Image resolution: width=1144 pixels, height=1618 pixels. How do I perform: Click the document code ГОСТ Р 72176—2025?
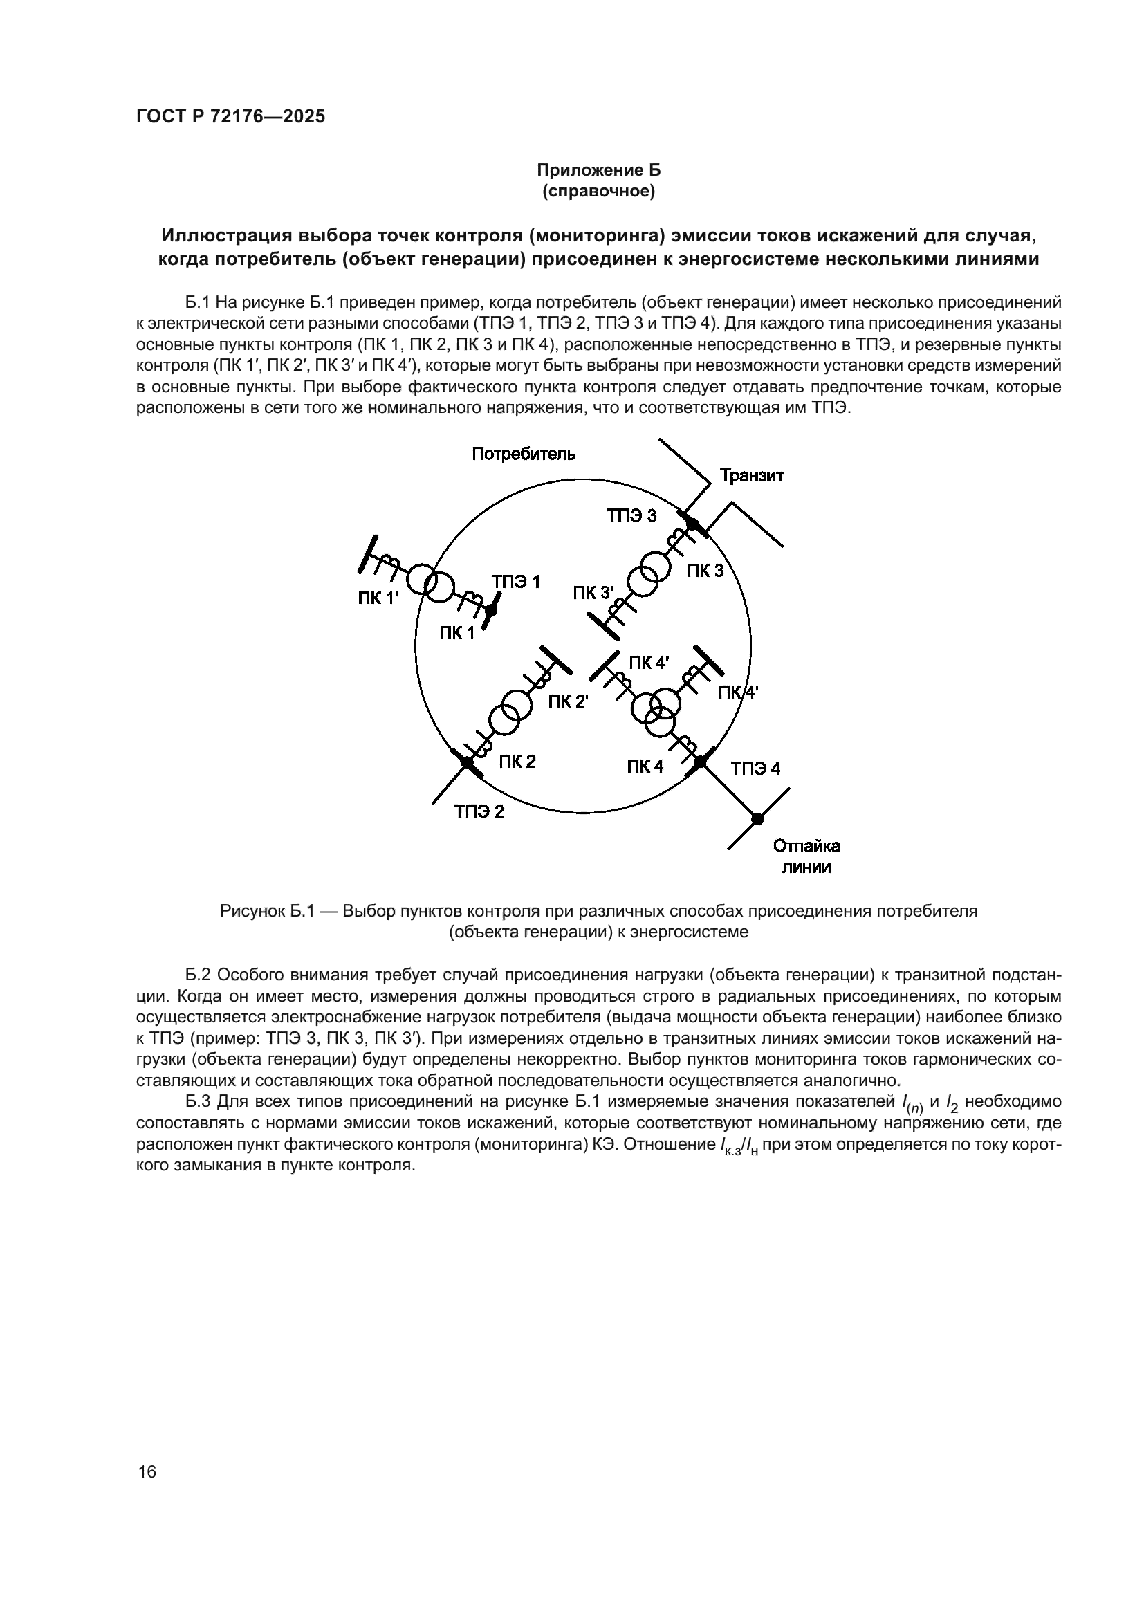[x=230, y=117]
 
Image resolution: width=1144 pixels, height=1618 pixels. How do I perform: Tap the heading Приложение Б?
[x=598, y=170]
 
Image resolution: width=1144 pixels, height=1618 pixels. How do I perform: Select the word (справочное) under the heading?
[x=598, y=192]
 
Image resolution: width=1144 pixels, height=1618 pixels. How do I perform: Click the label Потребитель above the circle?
[x=524, y=454]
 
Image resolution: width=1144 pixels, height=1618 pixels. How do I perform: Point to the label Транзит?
[x=752, y=476]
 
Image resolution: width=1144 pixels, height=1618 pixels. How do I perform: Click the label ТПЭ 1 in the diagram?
[x=516, y=582]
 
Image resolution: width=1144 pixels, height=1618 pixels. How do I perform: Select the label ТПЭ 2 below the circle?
[x=479, y=811]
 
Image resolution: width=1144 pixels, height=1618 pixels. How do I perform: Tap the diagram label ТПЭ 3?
[x=631, y=516]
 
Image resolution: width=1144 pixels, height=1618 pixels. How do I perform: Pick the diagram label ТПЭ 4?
[x=755, y=768]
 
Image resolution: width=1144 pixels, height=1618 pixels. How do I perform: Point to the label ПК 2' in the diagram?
[x=568, y=702]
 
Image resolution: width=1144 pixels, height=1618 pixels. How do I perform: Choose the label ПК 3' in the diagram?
[x=593, y=593]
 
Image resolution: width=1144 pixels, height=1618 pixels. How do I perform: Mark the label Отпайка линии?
[x=806, y=856]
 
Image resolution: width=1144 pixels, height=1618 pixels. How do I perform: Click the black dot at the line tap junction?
[x=757, y=819]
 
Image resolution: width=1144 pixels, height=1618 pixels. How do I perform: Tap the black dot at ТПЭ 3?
[x=692, y=524]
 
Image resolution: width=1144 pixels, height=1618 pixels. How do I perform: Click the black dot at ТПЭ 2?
[x=467, y=762]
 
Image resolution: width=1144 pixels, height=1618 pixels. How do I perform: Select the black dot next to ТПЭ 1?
[x=492, y=609]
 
